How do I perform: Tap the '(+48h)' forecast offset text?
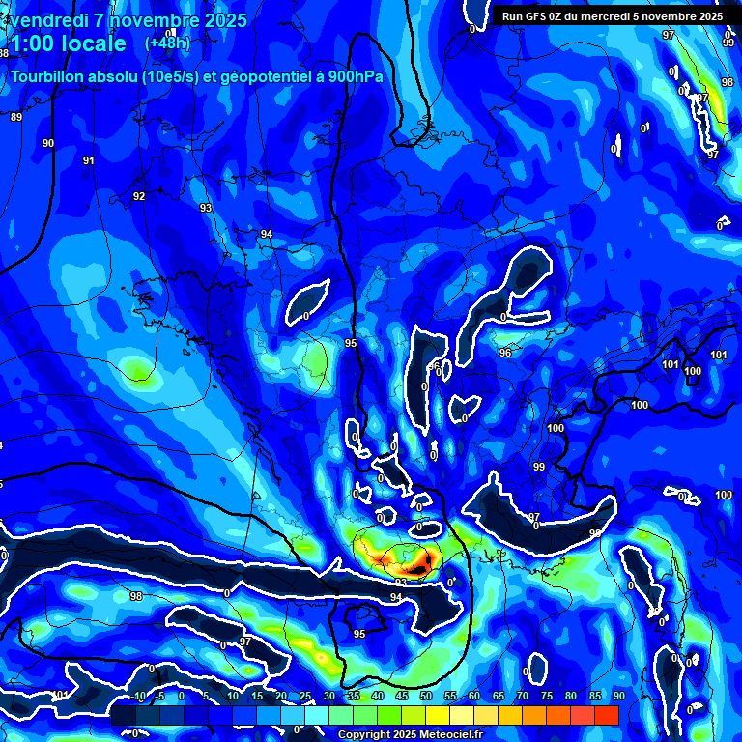(167, 43)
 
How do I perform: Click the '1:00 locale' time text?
(68, 43)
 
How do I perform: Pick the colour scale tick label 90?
(618, 697)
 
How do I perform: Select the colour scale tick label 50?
(425, 697)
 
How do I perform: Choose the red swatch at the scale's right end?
(606, 715)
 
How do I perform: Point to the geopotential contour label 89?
(15, 117)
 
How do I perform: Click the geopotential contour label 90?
(48, 143)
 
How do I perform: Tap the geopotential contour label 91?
(89, 160)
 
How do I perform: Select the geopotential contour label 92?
(139, 196)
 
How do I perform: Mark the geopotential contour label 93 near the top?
(206, 208)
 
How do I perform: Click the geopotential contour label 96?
(505, 353)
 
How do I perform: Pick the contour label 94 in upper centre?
(267, 234)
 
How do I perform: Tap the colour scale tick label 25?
(305, 697)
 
